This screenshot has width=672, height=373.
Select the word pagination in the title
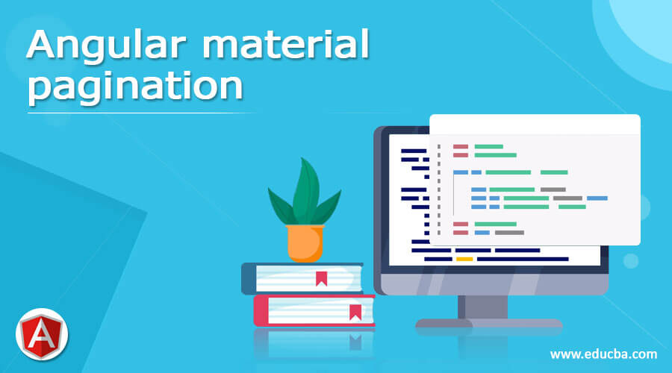tap(135, 88)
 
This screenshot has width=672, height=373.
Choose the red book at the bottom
tap(314, 310)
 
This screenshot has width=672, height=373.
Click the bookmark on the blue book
tap(321, 279)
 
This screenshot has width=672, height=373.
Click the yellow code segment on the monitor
tap(464, 259)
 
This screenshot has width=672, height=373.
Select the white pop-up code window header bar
tap(535, 124)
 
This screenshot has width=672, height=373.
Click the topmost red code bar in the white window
tap(461, 146)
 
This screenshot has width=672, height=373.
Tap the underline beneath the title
tap(142, 113)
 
